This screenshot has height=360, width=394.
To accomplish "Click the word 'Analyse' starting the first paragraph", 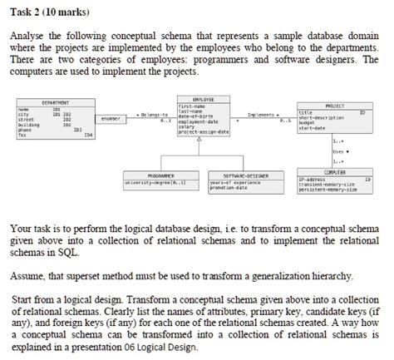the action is click(x=29, y=37).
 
